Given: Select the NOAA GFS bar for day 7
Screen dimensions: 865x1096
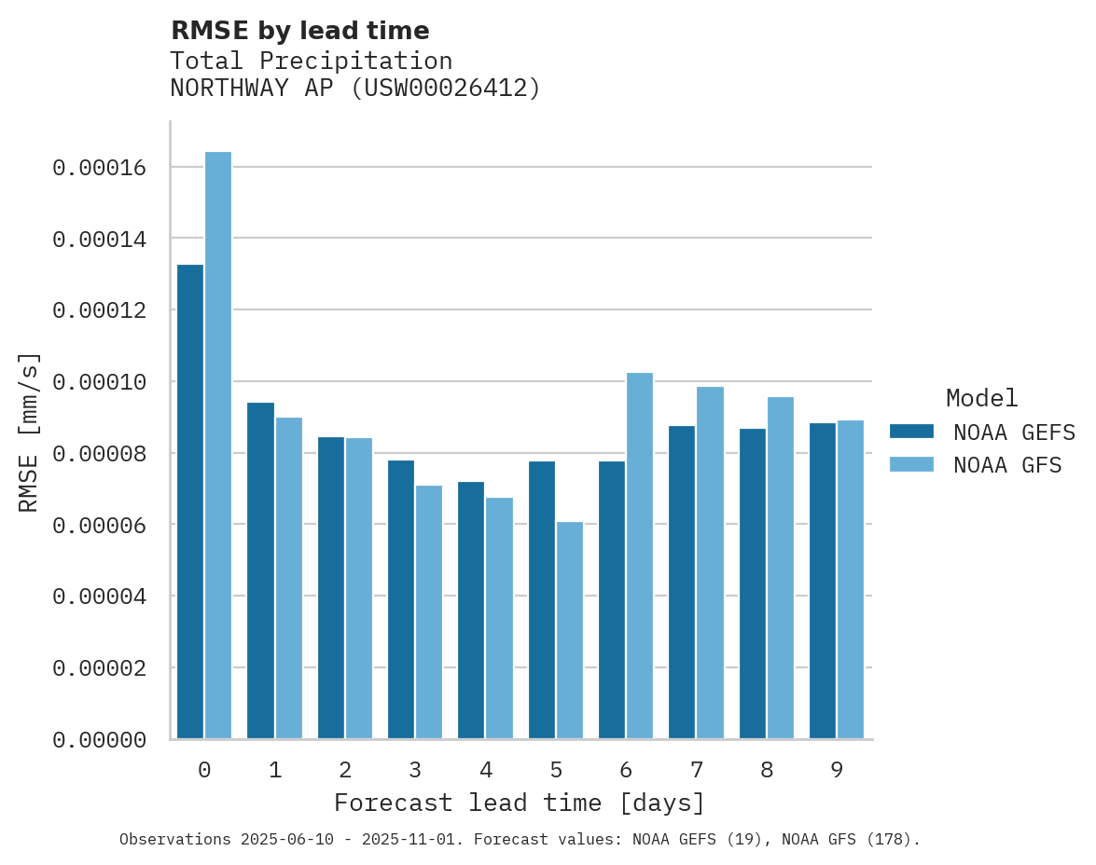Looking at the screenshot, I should pyautogui.click(x=710, y=563).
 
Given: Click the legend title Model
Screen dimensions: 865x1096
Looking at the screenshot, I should pyautogui.click(x=981, y=398).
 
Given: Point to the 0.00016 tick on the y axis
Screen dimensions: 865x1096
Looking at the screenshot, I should pyautogui.click(x=99, y=168).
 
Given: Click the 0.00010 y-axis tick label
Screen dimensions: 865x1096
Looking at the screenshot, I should pyautogui.click(x=99, y=382).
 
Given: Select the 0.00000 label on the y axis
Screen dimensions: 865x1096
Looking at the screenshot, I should pyautogui.click(x=99, y=740).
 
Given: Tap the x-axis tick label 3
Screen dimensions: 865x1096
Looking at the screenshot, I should pyautogui.click(x=415, y=770).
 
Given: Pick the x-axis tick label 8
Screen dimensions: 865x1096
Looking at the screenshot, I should pyautogui.click(x=767, y=770).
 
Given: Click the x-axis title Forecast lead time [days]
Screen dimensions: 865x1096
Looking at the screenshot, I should pyautogui.click(x=520, y=803).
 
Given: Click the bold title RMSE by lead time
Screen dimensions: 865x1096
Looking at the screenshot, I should pyautogui.click(x=299, y=31).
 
